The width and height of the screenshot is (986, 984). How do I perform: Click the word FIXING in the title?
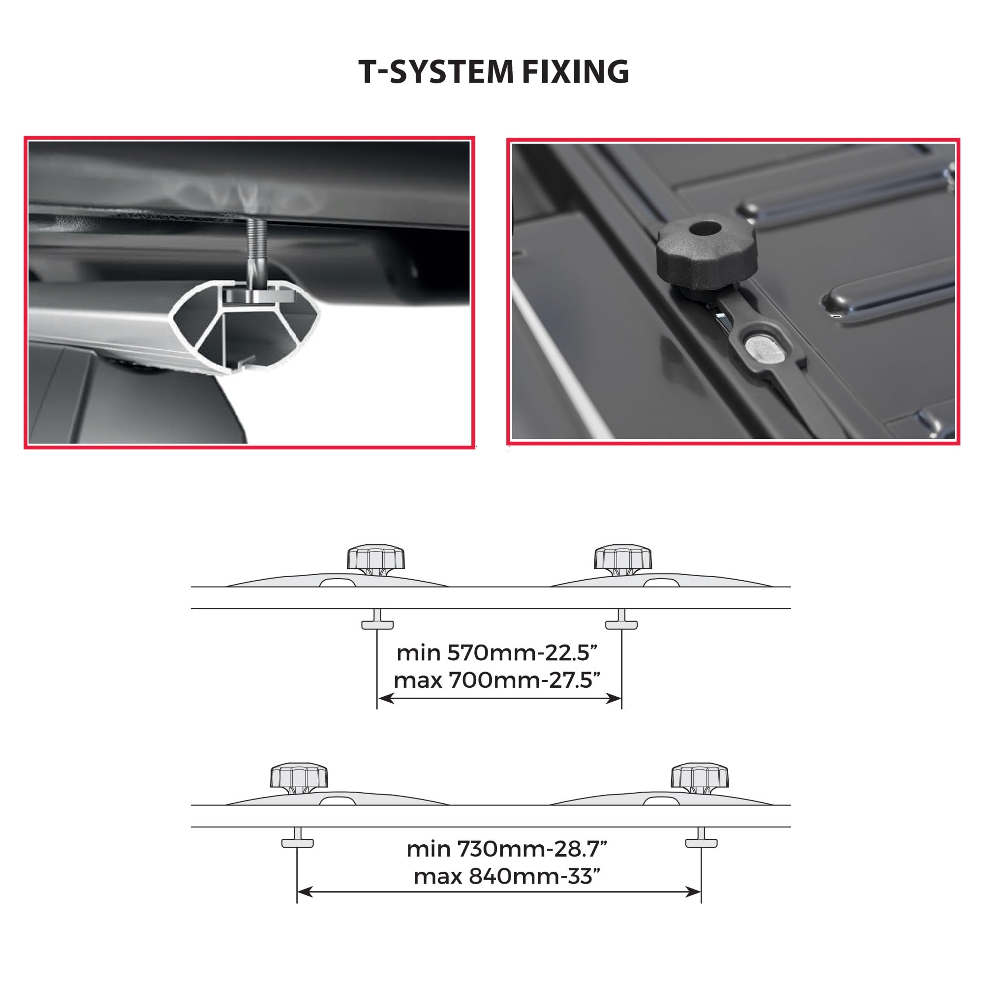click(575, 71)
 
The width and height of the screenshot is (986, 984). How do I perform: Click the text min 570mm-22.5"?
click(496, 653)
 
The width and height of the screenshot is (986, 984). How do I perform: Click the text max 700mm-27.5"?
click(496, 680)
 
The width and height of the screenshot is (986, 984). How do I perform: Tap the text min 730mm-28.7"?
click(506, 849)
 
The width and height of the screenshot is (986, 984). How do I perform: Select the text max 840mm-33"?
click(506, 876)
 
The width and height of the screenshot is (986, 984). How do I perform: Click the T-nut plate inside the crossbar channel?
click(260, 296)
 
